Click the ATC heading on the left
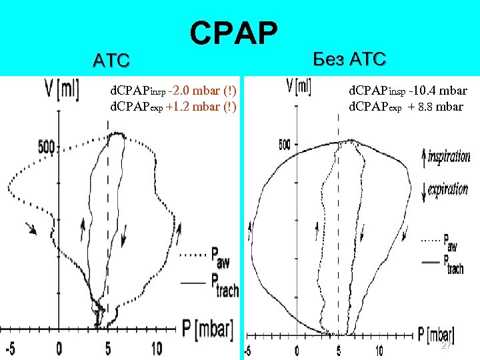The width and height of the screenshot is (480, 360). click(111, 61)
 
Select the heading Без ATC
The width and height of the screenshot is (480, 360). click(348, 59)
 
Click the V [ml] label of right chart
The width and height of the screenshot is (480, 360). click(298, 86)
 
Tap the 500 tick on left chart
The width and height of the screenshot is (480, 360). click(46, 147)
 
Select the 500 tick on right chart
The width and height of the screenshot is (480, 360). click(284, 144)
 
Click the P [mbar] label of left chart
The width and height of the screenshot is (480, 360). click(207, 327)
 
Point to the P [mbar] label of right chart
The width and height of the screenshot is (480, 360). click(436, 333)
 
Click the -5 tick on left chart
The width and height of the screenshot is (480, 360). click(10, 348)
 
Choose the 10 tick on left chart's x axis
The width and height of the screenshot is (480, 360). click(156, 348)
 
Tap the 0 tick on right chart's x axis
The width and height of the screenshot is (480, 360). click(298, 351)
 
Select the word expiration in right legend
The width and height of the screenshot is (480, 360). click(447, 189)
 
